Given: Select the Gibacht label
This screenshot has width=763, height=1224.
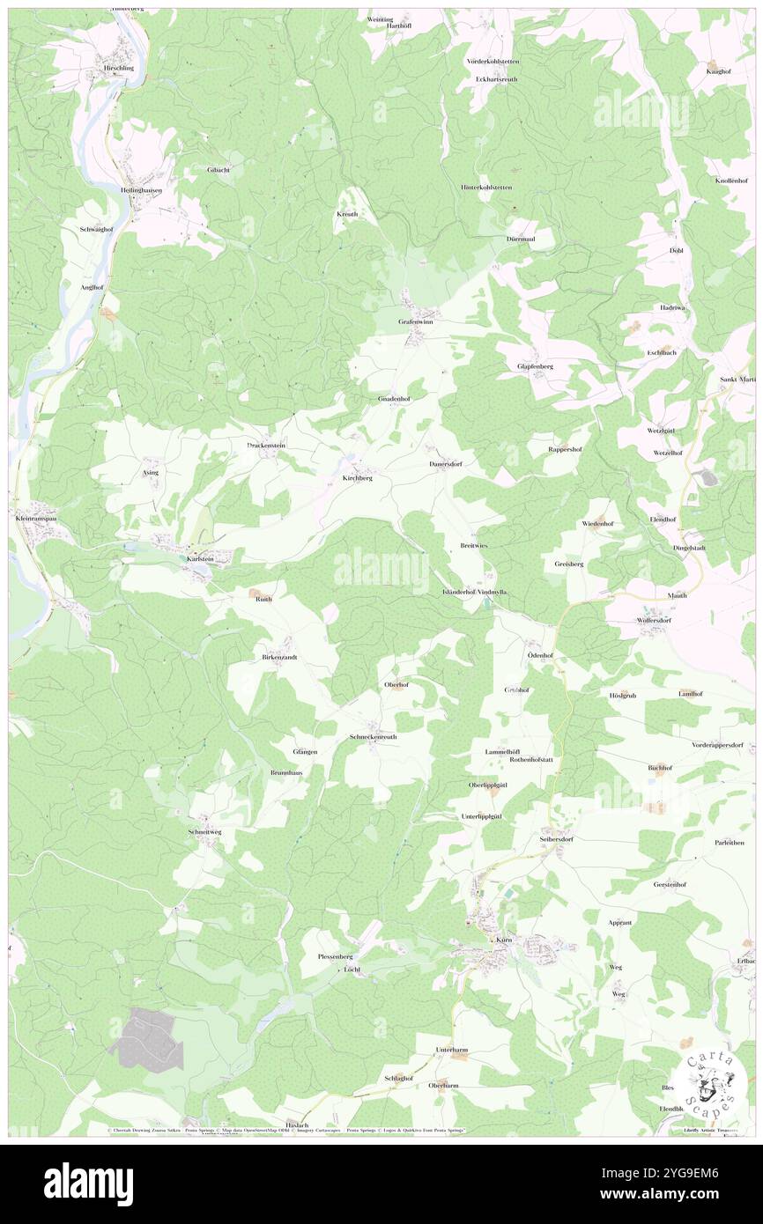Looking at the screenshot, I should click(x=219, y=170).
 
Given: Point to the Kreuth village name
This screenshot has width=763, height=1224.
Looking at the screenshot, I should click(x=346, y=214).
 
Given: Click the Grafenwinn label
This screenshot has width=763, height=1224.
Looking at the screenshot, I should click(x=416, y=322).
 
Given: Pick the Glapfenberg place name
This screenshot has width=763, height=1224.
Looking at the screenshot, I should click(x=535, y=366).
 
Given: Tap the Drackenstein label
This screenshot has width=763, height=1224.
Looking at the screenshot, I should click(x=265, y=446).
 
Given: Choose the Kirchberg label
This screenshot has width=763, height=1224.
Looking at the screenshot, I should click(x=357, y=477).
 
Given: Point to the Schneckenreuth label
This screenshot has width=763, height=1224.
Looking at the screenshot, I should click(x=373, y=736).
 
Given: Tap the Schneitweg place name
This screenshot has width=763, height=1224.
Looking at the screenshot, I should click(x=204, y=831).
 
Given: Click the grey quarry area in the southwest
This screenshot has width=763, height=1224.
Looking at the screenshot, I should click(x=146, y=1040).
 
